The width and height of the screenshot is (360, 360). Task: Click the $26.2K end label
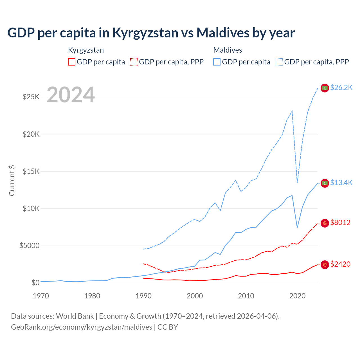[341, 87]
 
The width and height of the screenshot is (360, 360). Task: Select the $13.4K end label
[341, 183]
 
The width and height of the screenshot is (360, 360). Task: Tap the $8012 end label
[340, 222]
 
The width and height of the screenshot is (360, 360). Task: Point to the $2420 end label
[340, 264]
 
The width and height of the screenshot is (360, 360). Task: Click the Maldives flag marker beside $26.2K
[325, 88]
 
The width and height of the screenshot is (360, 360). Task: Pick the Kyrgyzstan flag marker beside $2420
[325, 265]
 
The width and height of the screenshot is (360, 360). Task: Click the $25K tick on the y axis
[31, 97]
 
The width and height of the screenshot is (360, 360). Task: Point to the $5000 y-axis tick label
[30, 246]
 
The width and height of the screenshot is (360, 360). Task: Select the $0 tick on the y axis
[35, 283]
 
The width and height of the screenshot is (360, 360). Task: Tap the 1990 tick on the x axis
[143, 296]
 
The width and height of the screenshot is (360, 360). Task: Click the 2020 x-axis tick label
[297, 296]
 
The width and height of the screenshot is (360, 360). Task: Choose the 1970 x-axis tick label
[41, 296]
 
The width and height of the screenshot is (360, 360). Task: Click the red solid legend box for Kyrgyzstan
[72, 62]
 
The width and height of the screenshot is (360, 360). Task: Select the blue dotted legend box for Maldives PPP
[279, 62]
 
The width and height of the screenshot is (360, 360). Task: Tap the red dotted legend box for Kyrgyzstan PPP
[134, 62]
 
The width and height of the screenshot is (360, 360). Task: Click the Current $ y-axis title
[12, 180]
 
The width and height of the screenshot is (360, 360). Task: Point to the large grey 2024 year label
[71, 95]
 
